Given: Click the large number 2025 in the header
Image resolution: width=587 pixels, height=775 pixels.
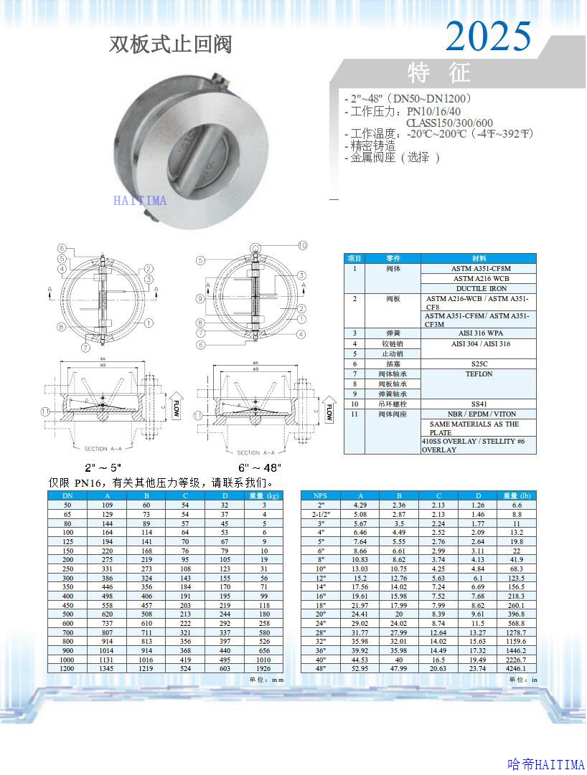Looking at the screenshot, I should (x=489, y=36).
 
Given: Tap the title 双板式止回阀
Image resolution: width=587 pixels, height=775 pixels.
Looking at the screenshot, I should (x=171, y=44).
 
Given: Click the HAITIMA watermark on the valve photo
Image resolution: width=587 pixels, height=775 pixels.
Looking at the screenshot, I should (x=139, y=201).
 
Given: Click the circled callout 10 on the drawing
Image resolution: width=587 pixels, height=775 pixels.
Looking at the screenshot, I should (x=302, y=245).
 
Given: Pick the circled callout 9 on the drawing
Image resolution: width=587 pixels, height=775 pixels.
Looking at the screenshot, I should (x=201, y=298).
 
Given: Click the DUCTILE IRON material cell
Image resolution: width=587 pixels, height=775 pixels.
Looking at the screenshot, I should (x=480, y=288).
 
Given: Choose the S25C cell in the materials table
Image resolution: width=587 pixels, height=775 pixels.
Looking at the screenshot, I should (x=480, y=364).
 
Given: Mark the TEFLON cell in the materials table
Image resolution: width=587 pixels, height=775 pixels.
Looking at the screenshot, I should (x=479, y=374).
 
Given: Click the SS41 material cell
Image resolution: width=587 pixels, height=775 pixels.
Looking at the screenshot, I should (x=479, y=404).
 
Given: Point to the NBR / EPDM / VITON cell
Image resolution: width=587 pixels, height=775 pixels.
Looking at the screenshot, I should (x=479, y=414).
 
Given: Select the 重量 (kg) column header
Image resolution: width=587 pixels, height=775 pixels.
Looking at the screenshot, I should (x=263, y=495).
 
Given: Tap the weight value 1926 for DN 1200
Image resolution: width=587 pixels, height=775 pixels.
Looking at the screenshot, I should (x=263, y=668).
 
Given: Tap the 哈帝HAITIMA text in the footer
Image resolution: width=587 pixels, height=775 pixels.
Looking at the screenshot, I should (x=545, y=764).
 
